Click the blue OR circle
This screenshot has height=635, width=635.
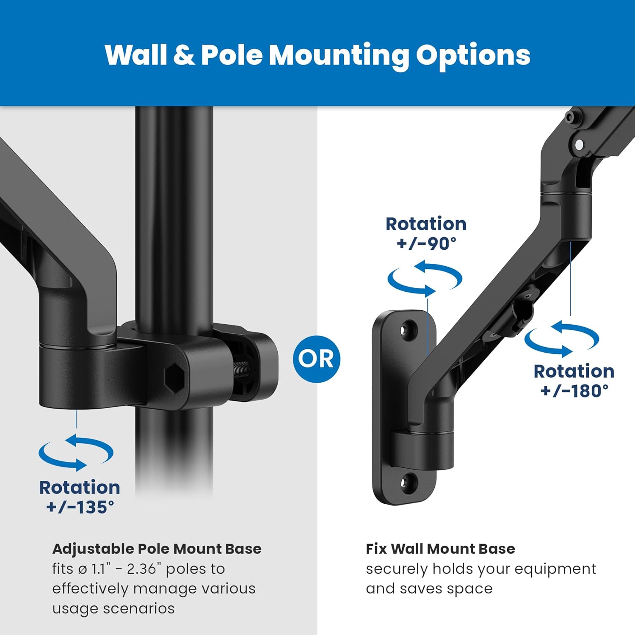click(316, 359)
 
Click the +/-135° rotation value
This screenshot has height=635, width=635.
click(80, 507)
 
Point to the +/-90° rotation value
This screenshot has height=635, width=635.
click(426, 243)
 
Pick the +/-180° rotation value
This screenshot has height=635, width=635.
click(574, 391)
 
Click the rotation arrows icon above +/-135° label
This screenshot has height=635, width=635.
click(76, 453)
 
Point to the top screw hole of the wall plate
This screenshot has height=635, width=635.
click(409, 330)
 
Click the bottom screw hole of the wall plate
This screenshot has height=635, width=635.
click(409, 482)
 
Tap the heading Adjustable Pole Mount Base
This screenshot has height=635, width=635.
click(157, 549)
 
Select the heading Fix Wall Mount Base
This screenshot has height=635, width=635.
click(440, 549)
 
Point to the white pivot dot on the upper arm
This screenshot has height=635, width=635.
click(580, 145)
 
